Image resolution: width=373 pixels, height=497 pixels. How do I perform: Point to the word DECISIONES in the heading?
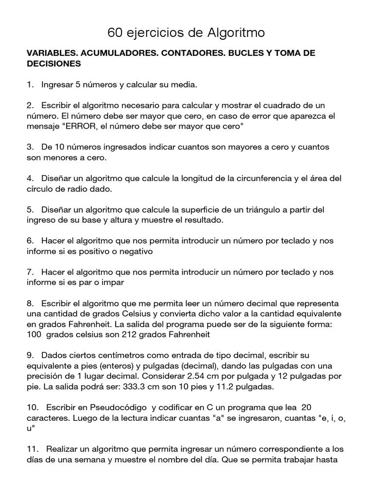(53, 64)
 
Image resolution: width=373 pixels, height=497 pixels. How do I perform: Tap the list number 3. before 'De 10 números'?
(30, 147)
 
